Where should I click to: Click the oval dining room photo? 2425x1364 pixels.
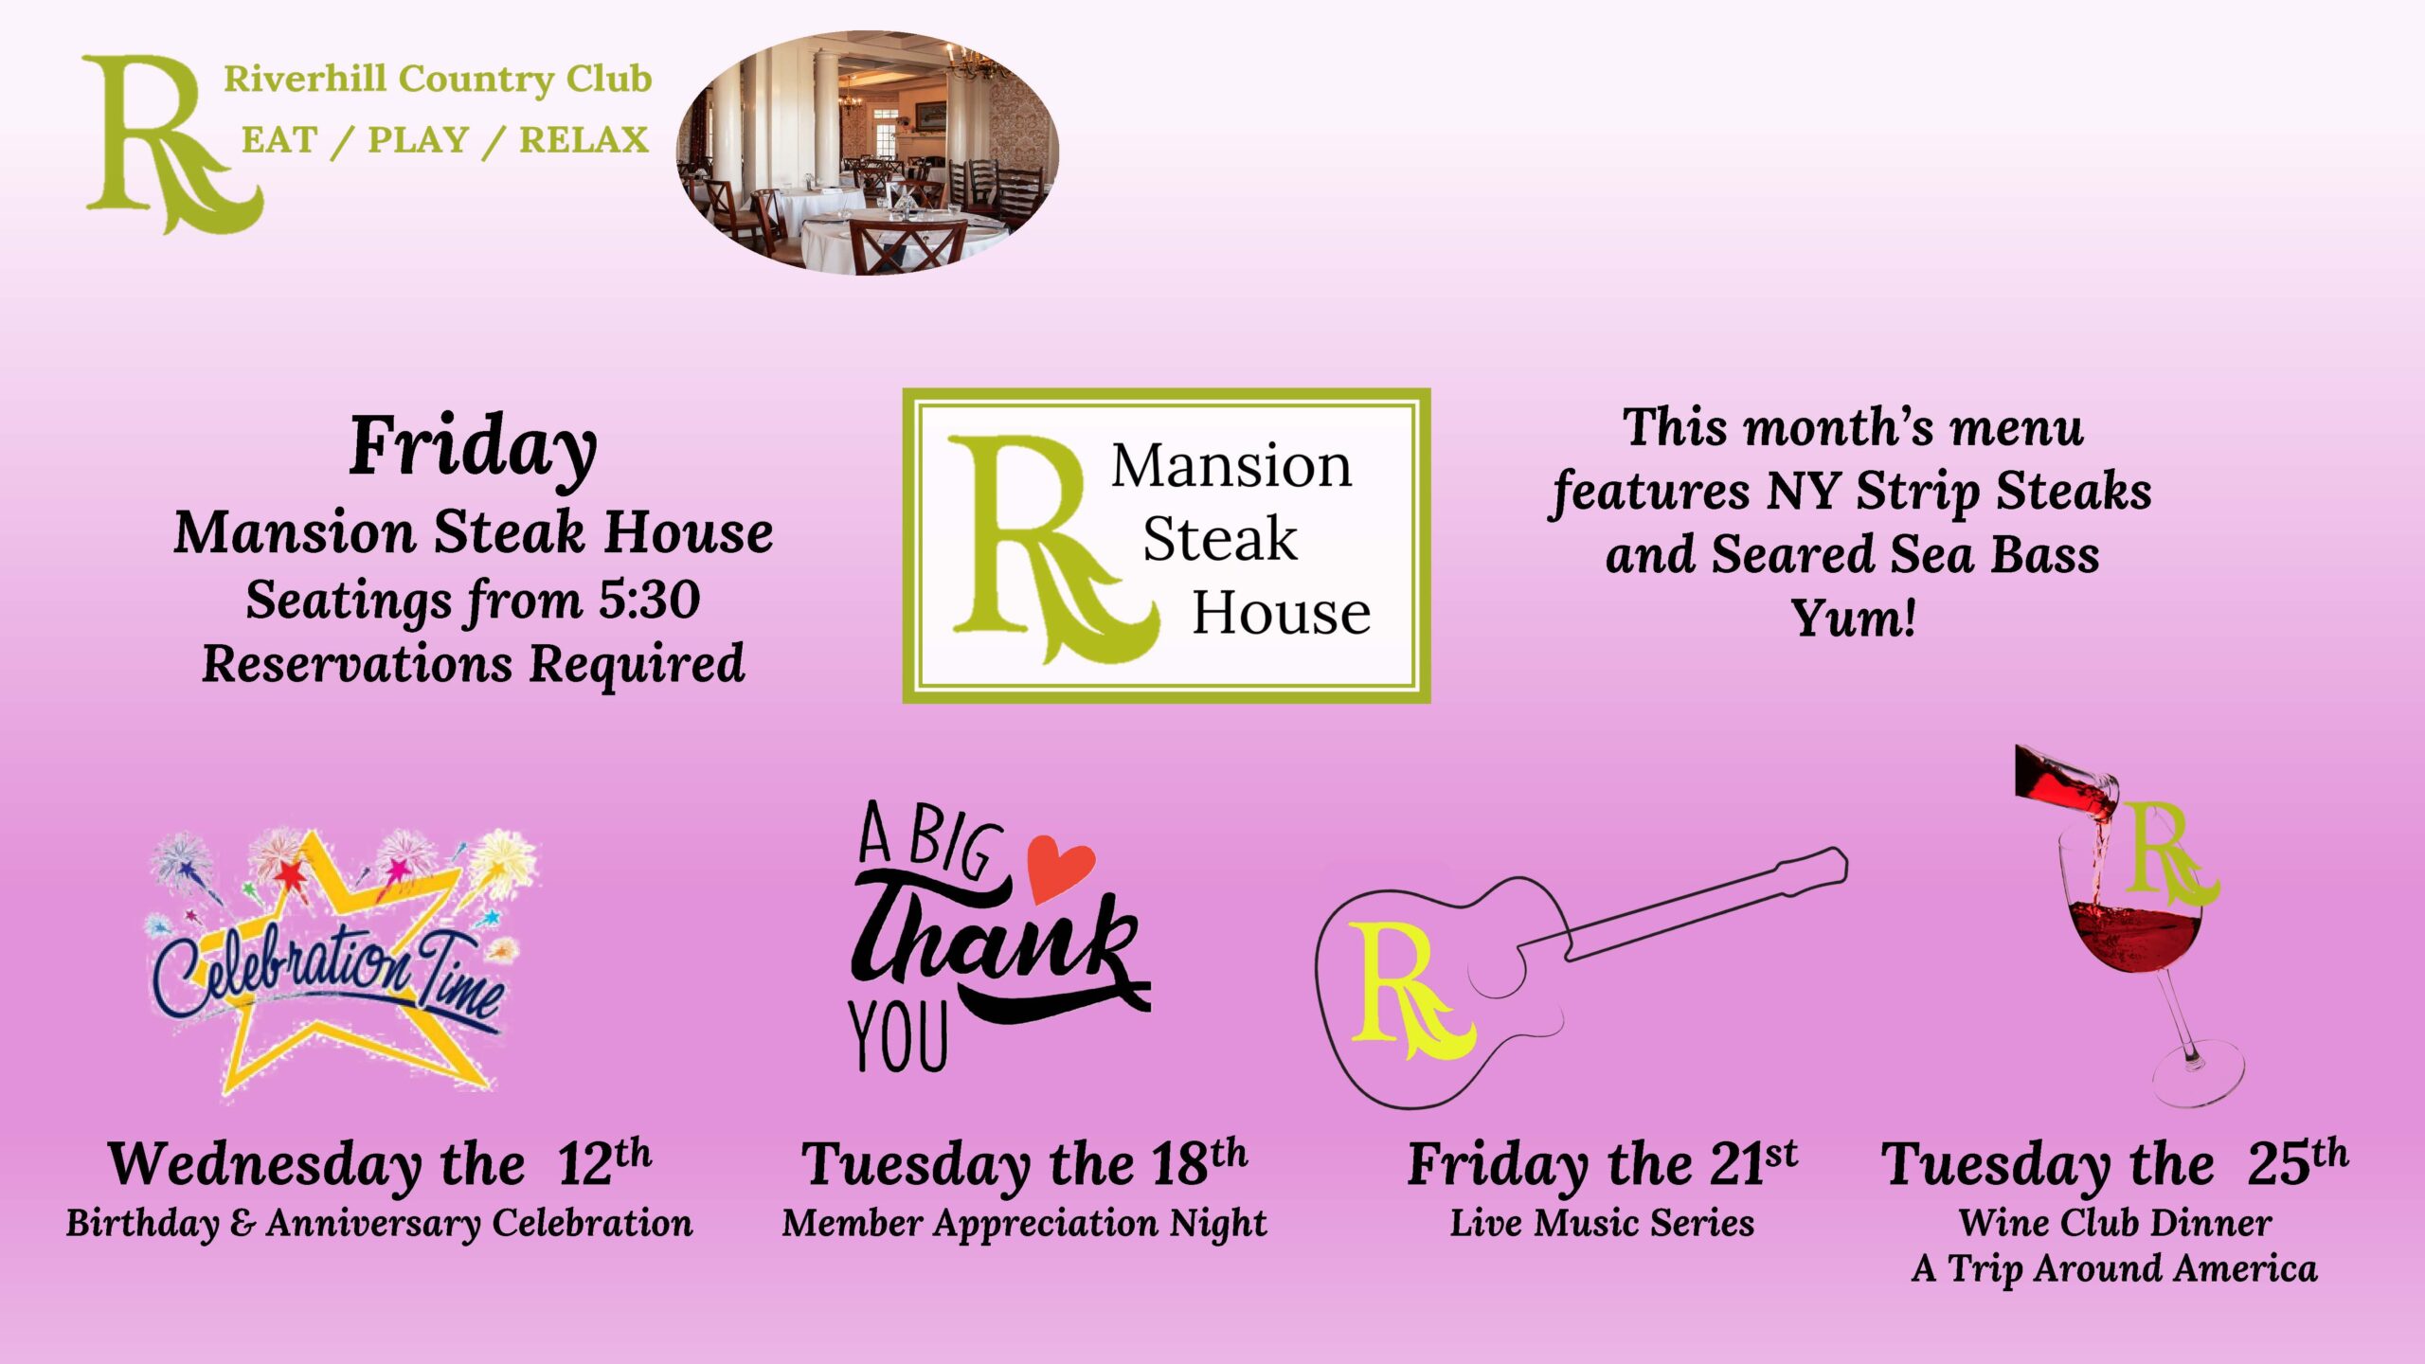(867, 153)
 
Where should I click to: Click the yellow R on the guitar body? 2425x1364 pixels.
(1410, 991)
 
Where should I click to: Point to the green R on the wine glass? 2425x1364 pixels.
(2169, 852)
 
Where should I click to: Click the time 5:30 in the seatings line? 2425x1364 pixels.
(649, 600)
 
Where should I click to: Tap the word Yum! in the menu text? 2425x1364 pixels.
(1853, 619)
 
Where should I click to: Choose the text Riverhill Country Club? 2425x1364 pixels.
(438, 80)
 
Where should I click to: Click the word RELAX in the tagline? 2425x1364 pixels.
(584, 140)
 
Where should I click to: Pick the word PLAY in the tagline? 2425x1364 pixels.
(419, 140)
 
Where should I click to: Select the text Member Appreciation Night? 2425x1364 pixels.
(1024, 1224)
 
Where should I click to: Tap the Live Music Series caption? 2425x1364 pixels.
(1602, 1223)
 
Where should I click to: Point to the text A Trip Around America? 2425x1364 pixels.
(2114, 1268)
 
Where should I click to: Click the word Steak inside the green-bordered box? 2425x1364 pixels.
(1220, 539)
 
